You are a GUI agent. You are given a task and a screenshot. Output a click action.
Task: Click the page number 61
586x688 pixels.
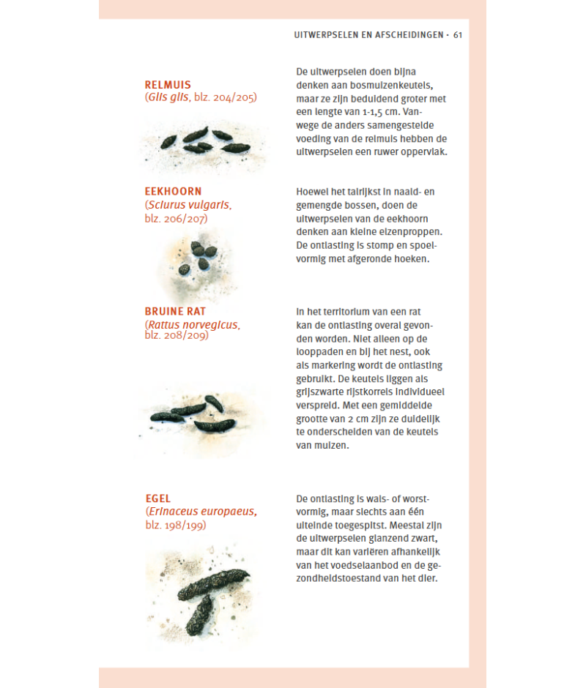pyautogui.click(x=459, y=34)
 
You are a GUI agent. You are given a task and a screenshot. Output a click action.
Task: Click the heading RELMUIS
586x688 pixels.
pyautogui.click(x=168, y=85)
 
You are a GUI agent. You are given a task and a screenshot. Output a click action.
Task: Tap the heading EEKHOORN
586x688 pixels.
pyautogui.click(x=173, y=192)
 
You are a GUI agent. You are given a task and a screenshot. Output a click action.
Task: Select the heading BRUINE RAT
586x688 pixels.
pyautogui.click(x=175, y=311)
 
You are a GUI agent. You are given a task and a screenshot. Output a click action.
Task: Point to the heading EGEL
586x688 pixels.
pyautogui.click(x=158, y=499)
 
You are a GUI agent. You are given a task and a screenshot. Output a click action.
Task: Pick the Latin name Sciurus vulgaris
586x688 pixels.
pyautogui.click(x=190, y=205)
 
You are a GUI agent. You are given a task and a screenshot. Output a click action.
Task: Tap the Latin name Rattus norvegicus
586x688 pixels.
pyautogui.click(x=193, y=324)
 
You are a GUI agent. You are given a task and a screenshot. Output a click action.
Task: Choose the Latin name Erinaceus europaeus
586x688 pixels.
pyautogui.click(x=202, y=512)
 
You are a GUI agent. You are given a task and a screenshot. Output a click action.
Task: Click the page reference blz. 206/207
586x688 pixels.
pyautogui.click(x=176, y=218)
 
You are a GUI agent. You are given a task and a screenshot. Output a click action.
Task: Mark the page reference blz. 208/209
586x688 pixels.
pyautogui.click(x=176, y=335)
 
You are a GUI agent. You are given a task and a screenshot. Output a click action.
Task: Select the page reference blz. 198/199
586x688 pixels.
pyautogui.click(x=176, y=525)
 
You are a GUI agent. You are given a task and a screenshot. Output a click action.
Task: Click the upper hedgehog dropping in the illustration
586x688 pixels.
pyautogui.click(x=213, y=583)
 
